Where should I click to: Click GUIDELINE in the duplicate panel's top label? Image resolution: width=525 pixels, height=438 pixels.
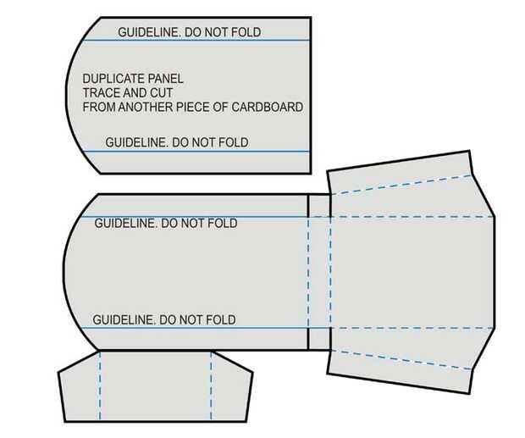click(147, 32)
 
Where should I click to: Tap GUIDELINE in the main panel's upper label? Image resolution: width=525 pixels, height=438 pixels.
click(124, 224)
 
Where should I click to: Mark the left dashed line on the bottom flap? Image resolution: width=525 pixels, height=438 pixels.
click(100, 385)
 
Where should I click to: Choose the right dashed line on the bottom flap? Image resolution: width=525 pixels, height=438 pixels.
click(210, 385)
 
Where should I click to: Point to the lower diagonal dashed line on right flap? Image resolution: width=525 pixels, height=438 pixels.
click(406, 359)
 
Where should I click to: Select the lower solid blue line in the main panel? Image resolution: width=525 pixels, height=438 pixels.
click(195, 328)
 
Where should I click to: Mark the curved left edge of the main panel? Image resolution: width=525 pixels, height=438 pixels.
click(64, 271)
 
